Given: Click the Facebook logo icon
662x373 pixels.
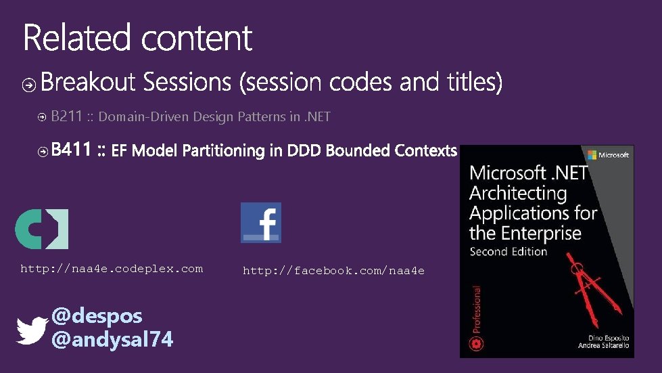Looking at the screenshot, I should [x=261, y=222].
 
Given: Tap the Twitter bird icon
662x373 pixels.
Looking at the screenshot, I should [x=32, y=330].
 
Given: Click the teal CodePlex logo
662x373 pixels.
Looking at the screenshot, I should [x=41, y=229].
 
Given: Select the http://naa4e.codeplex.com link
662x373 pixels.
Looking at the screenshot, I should [x=112, y=269].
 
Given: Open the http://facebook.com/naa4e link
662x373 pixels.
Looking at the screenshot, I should [x=333, y=271].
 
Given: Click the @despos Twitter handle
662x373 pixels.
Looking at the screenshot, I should [x=97, y=315].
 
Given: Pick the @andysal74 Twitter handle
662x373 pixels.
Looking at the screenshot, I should [x=112, y=338].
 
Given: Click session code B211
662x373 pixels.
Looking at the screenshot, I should [x=66, y=116].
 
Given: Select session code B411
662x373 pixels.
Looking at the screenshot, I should [x=70, y=150].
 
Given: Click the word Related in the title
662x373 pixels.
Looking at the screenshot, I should [x=76, y=38].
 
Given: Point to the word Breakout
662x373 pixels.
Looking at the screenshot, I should [x=89, y=83].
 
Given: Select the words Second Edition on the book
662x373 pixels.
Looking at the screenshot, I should [x=509, y=251].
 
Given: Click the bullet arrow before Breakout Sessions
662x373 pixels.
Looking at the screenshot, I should [x=29, y=85].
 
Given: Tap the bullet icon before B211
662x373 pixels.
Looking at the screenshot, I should [x=42, y=117].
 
